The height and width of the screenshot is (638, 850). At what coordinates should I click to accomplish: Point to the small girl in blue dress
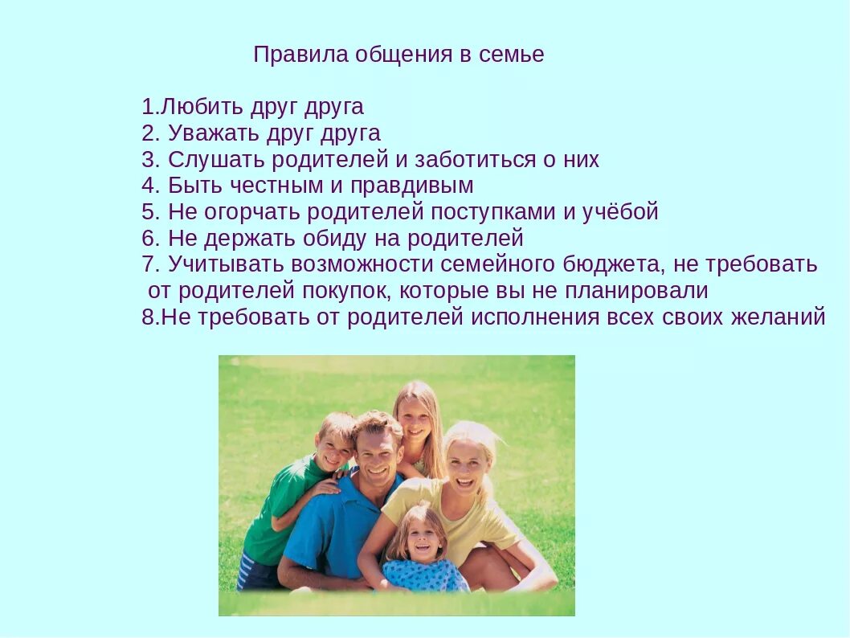click(423, 550)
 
